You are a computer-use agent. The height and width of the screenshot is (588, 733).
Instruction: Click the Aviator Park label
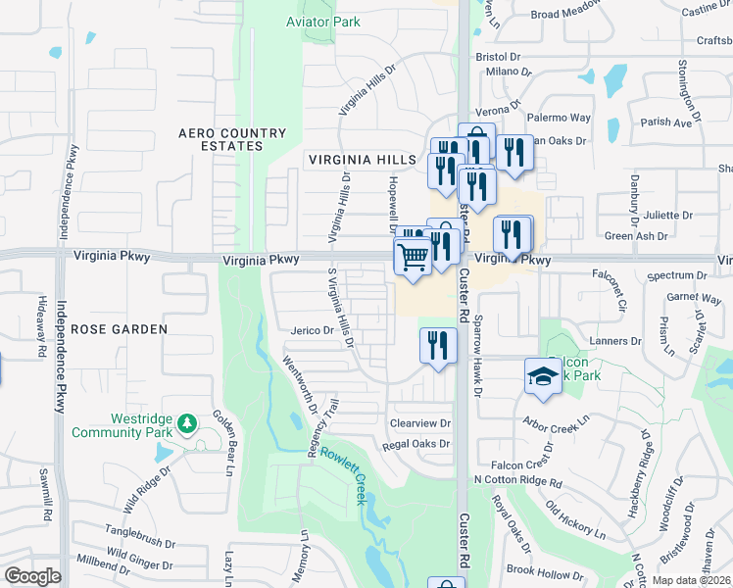[322, 22]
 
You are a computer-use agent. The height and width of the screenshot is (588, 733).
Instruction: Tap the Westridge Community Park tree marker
[187, 423]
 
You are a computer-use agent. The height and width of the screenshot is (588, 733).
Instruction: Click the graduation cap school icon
[541, 376]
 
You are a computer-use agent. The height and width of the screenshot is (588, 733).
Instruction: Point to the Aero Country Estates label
[232, 139]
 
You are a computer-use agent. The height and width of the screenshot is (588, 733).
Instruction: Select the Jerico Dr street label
[313, 330]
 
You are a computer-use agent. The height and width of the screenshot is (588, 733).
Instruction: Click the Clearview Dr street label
[419, 423]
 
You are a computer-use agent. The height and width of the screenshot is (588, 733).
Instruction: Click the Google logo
[32, 576]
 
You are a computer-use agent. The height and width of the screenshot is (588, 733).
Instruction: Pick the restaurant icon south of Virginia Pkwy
[438, 345]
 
